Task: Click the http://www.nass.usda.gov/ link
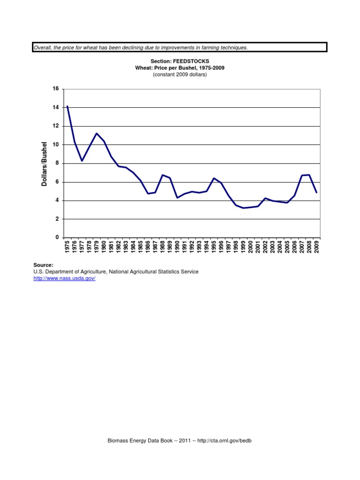pyautogui.click(x=64, y=278)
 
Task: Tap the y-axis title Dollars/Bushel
pyautogui.click(x=45, y=164)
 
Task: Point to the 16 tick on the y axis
pyautogui.click(x=56, y=89)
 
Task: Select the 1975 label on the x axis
pyautogui.click(x=67, y=247)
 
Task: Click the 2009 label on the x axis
pyautogui.click(x=317, y=247)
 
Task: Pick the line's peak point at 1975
pyautogui.click(x=67, y=106)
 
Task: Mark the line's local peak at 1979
pyautogui.click(x=97, y=134)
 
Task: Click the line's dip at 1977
pyautogui.click(x=82, y=161)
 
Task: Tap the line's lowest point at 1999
pyautogui.click(x=243, y=208)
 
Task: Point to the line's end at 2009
pyautogui.click(x=317, y=192)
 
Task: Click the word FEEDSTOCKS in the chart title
pyautogui.click(x=190, y=61)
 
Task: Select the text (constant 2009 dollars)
pyautogui.click(x=180, y=75)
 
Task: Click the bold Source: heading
pyautogui.click(x=43, y=265)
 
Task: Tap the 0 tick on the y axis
pyautogui.click(x=57, y=238)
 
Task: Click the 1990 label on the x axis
pyautogui.click(x=178, y=247)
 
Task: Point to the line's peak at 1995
pyautogui.click(x=214, y=178)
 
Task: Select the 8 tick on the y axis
pyautogui.click(x=57, y=164)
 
